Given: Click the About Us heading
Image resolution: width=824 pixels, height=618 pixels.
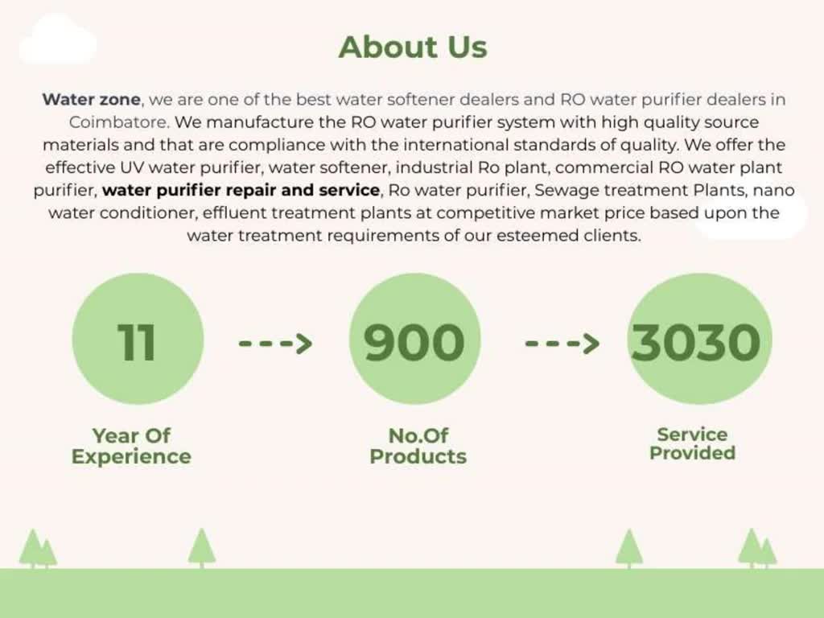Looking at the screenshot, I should point(413,47).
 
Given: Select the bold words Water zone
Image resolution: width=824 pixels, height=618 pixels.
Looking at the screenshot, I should point(92,101).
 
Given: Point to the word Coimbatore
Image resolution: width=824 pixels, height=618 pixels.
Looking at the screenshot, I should point(118,123).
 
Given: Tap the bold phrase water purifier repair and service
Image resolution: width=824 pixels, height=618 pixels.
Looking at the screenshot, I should point(241,191).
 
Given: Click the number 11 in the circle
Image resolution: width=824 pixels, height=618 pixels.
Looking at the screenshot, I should point(137,341).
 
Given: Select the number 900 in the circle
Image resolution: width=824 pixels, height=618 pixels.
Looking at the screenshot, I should point(414,341).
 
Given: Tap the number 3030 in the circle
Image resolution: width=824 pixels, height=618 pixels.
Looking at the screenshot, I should point(696,341).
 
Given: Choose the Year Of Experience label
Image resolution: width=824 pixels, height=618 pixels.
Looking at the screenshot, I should point(131,446).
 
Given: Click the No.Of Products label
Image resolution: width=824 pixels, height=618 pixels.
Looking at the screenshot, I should point(418,446).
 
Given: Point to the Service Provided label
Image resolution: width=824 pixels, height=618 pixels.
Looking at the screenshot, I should point(692,443).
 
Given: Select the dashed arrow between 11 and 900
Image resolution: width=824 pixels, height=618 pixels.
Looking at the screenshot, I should point(275,344).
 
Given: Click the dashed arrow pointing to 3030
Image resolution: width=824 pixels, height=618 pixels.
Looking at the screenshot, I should point(562,344).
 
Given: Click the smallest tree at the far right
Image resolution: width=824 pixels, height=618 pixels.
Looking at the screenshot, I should point(768,553).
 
